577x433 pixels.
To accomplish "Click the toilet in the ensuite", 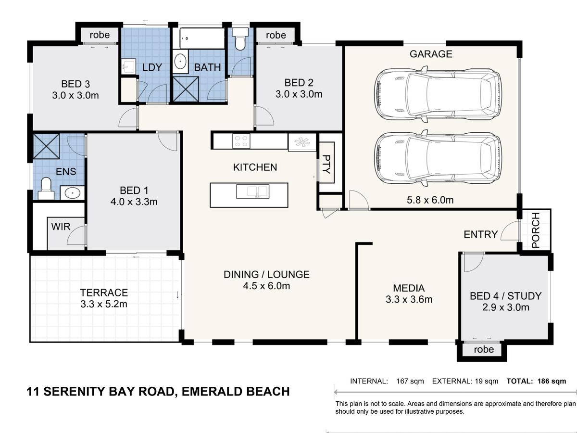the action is [46, 189].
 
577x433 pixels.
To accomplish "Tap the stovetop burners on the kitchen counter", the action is [241, 141].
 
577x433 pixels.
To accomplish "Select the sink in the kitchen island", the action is [252, 191].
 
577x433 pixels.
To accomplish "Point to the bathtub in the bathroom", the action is [202, 38].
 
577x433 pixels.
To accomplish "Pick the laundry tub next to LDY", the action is [128, 66].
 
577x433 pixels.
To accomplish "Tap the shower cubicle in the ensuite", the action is [46, 146].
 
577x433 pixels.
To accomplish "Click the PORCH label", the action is [536, 230].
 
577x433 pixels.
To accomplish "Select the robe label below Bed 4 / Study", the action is [484, 349].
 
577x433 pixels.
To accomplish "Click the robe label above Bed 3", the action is [100, 35].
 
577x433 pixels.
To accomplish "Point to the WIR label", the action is [61, 227].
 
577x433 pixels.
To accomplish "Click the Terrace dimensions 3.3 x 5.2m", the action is [104, 304].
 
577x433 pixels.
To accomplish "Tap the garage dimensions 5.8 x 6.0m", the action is [430, 200].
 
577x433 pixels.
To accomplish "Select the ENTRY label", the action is [481, 234].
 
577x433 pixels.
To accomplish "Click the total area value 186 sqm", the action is [552, 381].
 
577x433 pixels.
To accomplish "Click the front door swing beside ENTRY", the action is [510, 230].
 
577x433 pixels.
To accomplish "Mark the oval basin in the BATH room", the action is [180, 62].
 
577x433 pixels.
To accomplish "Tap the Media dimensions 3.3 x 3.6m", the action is [409, 299].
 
